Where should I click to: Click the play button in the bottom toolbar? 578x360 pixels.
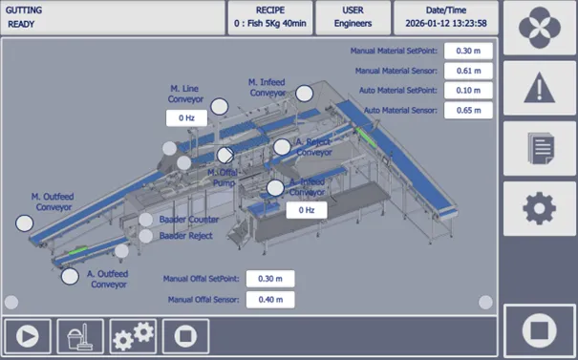(x=28, y=336)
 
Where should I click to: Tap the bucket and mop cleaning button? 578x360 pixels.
(x=80, y=336)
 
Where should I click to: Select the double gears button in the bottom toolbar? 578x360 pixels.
(x=133, y=336)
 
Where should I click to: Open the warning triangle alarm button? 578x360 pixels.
(x=539, y=88)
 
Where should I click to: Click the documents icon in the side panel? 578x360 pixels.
(x=539, y=148)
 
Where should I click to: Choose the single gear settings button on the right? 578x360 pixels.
(x=539, y=208)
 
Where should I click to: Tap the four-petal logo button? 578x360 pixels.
(x=539, y=28)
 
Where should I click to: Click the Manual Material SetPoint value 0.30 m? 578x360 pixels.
(x=468, y=51)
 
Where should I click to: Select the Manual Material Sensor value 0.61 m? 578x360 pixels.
(x=468, y=71)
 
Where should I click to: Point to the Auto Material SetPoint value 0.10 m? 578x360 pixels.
(x=468, y=91)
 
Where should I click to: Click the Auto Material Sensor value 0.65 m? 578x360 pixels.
(x=468, y=110)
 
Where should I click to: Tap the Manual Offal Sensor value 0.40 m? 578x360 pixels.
(x=270, y=300)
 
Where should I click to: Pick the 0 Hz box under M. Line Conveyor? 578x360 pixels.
(x=186, y=117)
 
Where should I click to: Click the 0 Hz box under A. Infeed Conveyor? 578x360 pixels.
(x=307, y=210)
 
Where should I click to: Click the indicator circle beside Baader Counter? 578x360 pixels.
(x=145, y=220)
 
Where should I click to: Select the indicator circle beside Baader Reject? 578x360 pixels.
(x=145, y=236)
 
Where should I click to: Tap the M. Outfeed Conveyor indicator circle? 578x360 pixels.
(x=25, y=223)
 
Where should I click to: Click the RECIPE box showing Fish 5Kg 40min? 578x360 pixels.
(x=270, y=18)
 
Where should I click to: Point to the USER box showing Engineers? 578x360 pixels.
(x=353, y=18)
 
